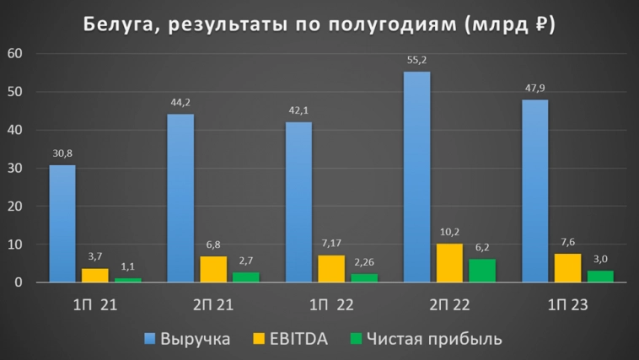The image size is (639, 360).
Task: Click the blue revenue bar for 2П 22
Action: [416, 177]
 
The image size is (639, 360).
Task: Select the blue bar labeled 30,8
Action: [62, 223]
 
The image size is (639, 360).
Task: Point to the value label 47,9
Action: [534, 89]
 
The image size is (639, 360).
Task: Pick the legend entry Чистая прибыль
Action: [438, 339]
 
